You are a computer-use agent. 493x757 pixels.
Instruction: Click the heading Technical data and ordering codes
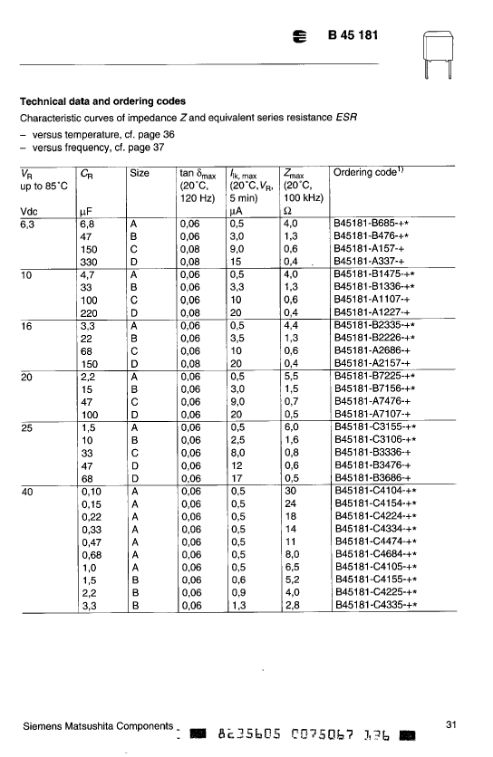coord(102,101)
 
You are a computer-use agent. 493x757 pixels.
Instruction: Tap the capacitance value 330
coord(89,261)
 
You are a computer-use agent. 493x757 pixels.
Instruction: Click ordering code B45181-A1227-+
coord(372,311)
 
